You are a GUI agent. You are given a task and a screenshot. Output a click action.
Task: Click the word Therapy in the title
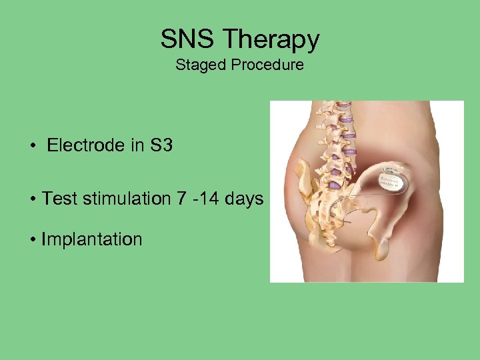click(272, 40)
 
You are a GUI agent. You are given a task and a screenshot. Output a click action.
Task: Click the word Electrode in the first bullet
click(85, 145)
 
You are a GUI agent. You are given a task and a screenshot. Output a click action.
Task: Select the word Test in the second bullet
click(57, 199)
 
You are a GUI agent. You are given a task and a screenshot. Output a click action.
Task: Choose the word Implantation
click(92, 239)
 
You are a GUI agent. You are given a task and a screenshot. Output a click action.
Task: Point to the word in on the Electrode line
click(136, 145)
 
